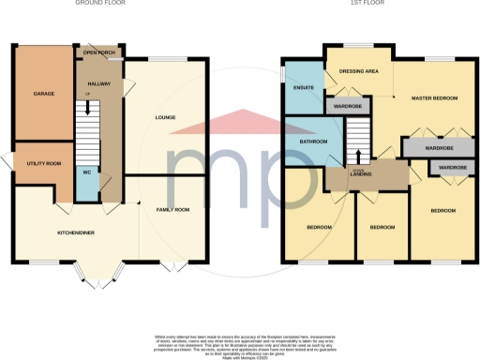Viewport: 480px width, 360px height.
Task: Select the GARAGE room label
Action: (44, 95)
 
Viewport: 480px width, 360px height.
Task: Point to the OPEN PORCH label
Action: (99, 53)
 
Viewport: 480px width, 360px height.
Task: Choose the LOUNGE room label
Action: (169, 118)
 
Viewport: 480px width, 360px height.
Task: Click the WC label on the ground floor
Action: (87, 172)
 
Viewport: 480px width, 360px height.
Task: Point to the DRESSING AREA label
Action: (358, 71)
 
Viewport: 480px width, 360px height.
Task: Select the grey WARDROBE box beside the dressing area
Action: (349, 106)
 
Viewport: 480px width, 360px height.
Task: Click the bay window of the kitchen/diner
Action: (94, 273)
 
